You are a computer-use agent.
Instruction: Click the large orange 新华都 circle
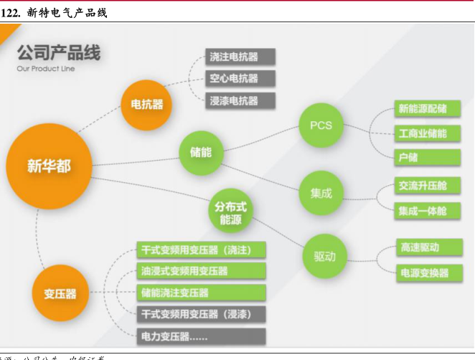point(49,166)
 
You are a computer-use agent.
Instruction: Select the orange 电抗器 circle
point(146,105)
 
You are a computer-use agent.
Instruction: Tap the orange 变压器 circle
point(60,293)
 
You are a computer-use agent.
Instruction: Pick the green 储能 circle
point(201,152)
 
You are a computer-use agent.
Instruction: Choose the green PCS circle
point(321,125)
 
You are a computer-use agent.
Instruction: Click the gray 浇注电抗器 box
point(233,57)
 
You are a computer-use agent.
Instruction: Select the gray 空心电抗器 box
point(233,78)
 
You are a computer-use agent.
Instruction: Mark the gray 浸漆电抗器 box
point(233,100)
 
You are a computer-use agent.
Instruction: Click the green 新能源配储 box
point(428,109)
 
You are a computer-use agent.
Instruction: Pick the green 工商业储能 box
point(428,133)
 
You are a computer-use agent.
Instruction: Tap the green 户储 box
point(428,157)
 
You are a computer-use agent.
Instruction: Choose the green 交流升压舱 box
point(428,186)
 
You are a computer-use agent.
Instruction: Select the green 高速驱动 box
point(428,247)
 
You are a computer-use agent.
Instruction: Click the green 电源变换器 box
point(428,273)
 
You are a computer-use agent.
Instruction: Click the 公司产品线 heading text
point(59,52)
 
